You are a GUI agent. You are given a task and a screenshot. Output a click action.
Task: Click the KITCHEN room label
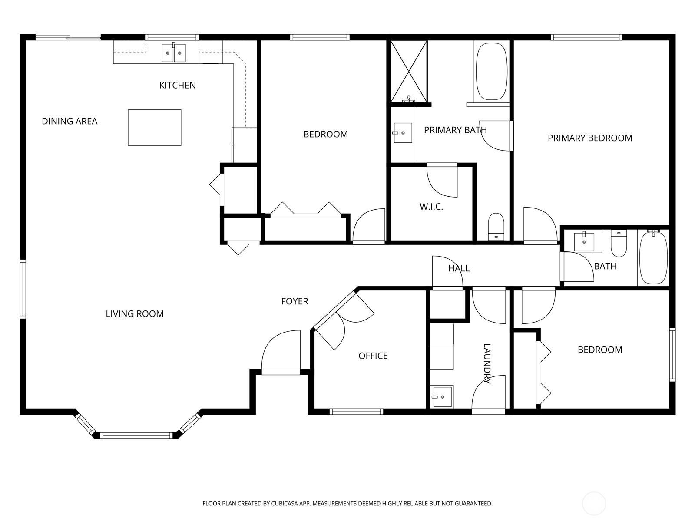pyautogui.click(x=177, y=85)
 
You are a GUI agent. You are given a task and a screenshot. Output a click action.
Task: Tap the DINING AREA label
pyautogui.click(x=69, y=121)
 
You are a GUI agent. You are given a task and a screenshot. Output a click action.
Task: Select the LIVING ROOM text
pyautogui.click(x=135, y=313)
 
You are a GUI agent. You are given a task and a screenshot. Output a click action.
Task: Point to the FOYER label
pyautogui.click(x=295, y=301)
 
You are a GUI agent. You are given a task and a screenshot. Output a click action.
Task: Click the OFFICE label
pyautogui.click(x=373, y=356)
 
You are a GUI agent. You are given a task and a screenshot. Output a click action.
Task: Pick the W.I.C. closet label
pyautogui.click(x=431, y=207)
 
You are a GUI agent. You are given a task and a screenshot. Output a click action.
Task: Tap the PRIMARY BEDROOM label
pyautogui.click(x=590, y=138)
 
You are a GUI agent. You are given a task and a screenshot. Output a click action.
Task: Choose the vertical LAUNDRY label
pyautogui.click(x=486, y=363)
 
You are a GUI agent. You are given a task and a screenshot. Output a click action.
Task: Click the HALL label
pyautogui.click(x=459, y=268)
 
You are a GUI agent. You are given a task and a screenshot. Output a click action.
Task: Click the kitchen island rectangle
pyautogui.click(x=155, y=128)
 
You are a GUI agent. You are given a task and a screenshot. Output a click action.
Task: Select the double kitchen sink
pyautogui.click(x=173, y=53)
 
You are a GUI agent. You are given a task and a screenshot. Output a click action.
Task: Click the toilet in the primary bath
pyautogui.click(x=496, y=227)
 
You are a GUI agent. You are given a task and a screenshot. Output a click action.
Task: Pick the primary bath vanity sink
pyautogui.click(x=402, y=133)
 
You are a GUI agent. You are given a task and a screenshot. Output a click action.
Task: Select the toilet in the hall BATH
pyautogui.click(x=619, y=243)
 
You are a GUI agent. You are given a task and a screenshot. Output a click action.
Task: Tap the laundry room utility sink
pyautogui.click(x=442, y=396)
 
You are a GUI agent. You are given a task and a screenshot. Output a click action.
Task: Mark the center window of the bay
pyautogui.click(x=136, y=435)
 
